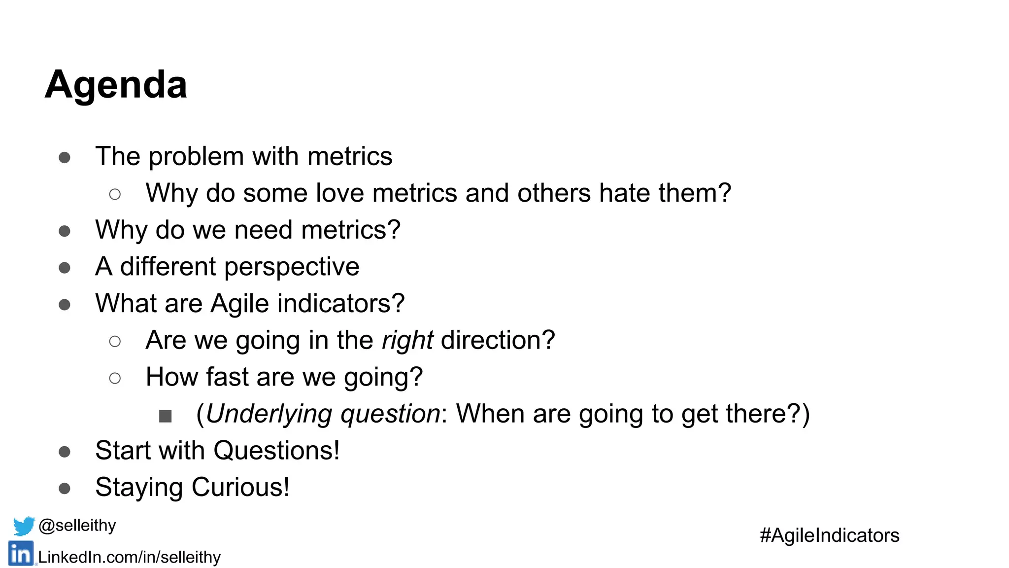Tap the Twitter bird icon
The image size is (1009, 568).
(x=24, y=526)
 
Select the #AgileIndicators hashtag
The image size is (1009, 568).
(x=829, y=535)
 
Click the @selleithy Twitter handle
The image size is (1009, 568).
(x=77, y=526)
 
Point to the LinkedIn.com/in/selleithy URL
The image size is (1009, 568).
(x=129, y=557)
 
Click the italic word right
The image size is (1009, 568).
(x=407, y=341)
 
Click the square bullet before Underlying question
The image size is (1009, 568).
(x=166, y=416)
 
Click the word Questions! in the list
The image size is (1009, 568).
(x=276, y=451)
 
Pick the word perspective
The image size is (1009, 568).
(x=292, y=267)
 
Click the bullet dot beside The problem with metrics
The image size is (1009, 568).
(x=65, y=158)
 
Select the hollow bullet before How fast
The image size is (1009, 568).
(x=115, y=378)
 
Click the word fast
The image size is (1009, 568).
(x=227, y=377)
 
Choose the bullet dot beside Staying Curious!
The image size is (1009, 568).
(x=65, y=489)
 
